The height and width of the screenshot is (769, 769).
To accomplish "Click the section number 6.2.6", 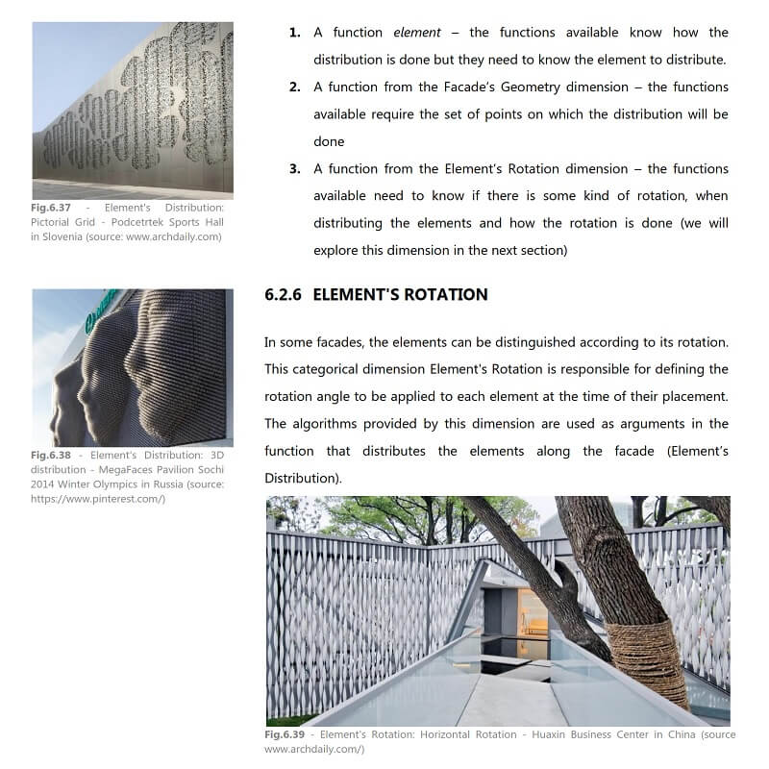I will [x=284, y=295].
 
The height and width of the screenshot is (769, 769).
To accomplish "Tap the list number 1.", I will [x=294, y=33].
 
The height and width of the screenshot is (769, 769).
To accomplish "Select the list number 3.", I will [x=294, y=169].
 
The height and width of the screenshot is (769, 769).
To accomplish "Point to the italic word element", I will [x=416, y=33].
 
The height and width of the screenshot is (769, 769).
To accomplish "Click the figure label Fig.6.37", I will [x=51, y=207].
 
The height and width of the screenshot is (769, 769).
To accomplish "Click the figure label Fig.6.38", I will [x=51, y=455].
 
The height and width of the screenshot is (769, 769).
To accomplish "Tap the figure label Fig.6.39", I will [x=285, y=735].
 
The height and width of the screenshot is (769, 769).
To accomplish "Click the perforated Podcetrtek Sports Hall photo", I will [x=133, y=110].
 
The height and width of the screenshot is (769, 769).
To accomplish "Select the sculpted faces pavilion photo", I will [x=133, y=367].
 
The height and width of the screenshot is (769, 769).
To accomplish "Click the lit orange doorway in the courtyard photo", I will [x=532, y=612].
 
